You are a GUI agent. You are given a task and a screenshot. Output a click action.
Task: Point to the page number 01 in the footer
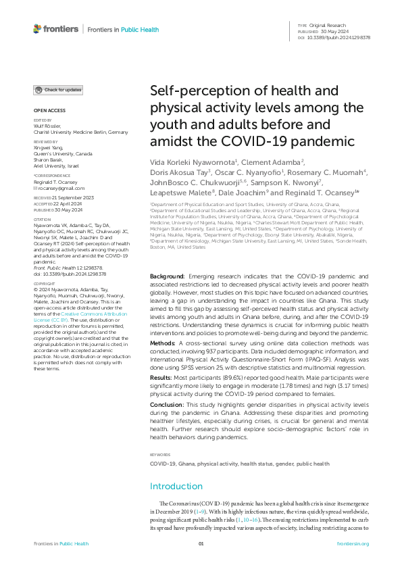pos(201,544)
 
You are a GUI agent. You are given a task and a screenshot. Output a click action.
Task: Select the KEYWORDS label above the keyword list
pos(160,455)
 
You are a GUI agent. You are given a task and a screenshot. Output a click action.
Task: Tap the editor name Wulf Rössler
pos(47,126)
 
